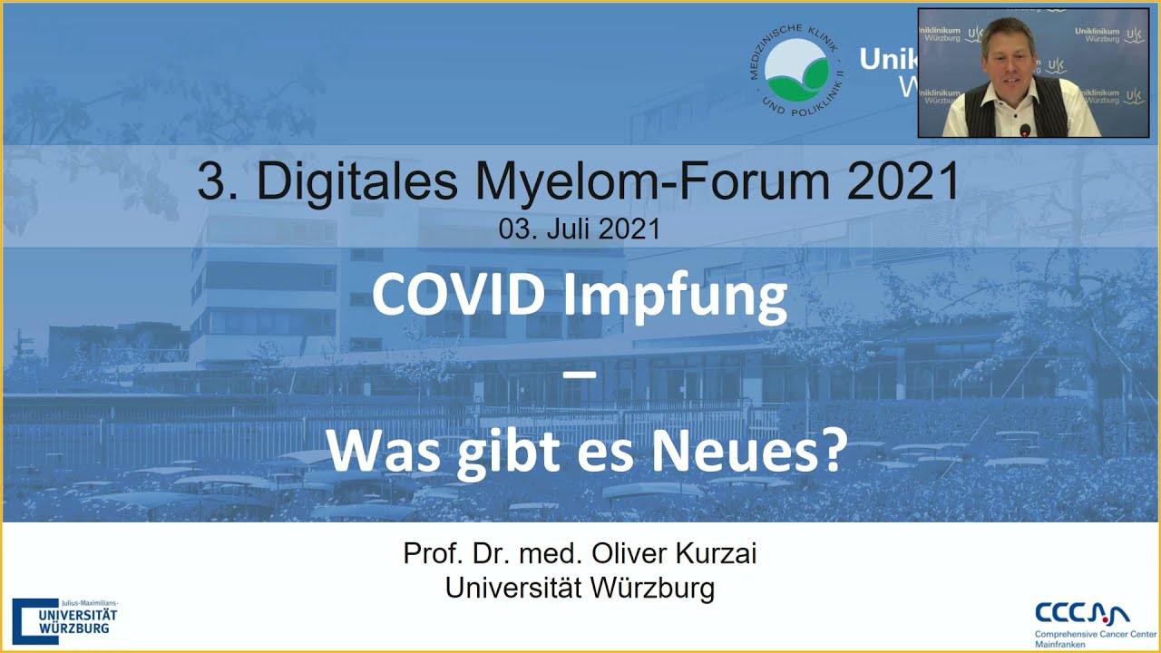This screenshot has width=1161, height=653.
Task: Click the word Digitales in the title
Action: click(358, 183)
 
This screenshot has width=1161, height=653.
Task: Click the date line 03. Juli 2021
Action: click(579, 229)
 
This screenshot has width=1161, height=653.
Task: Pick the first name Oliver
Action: click(621, 553)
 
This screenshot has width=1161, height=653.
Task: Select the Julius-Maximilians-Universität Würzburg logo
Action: click(65, 622)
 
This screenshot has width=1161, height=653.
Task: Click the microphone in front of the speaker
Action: click(1025, 130)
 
